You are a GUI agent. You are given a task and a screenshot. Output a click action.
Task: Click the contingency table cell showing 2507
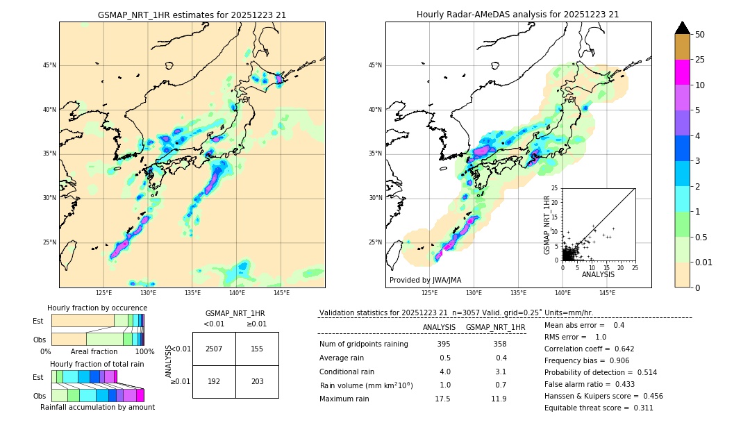click(x=214, y=349)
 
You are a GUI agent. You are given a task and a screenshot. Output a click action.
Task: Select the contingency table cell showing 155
click(x=257, y=349)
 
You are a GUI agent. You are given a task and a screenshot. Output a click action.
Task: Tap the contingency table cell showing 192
click(x=214, y=381)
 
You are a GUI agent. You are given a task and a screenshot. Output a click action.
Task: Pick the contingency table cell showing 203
click(x=257, y=381)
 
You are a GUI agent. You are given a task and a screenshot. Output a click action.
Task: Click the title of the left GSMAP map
click(x=192, y=15)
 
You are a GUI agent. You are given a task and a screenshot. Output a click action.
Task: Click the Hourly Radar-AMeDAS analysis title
click(x=517, y=15)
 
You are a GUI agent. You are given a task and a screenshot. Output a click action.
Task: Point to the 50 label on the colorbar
click(x=700, y=34)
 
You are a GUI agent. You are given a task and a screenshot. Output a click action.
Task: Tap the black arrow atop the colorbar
click(x=683, y=28)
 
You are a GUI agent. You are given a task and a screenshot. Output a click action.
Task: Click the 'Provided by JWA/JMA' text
click(x=425, y=280)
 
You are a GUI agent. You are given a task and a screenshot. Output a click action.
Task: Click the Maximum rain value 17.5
click(x=442, y=399)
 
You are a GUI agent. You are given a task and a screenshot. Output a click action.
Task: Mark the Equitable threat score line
click(x=599, y=408)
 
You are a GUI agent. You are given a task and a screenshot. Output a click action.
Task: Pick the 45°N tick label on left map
click(x=49, y=65)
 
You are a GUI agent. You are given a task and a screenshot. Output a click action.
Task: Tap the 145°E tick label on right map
click(x=607, y=293)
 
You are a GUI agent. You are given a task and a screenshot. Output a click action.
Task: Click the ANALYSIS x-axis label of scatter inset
click(x=598, y=274)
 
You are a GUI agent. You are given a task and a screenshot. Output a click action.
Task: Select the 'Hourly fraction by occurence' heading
click(x=97, y=308)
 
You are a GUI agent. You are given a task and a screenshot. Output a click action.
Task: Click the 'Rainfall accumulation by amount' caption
click(x=97, y=407)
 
